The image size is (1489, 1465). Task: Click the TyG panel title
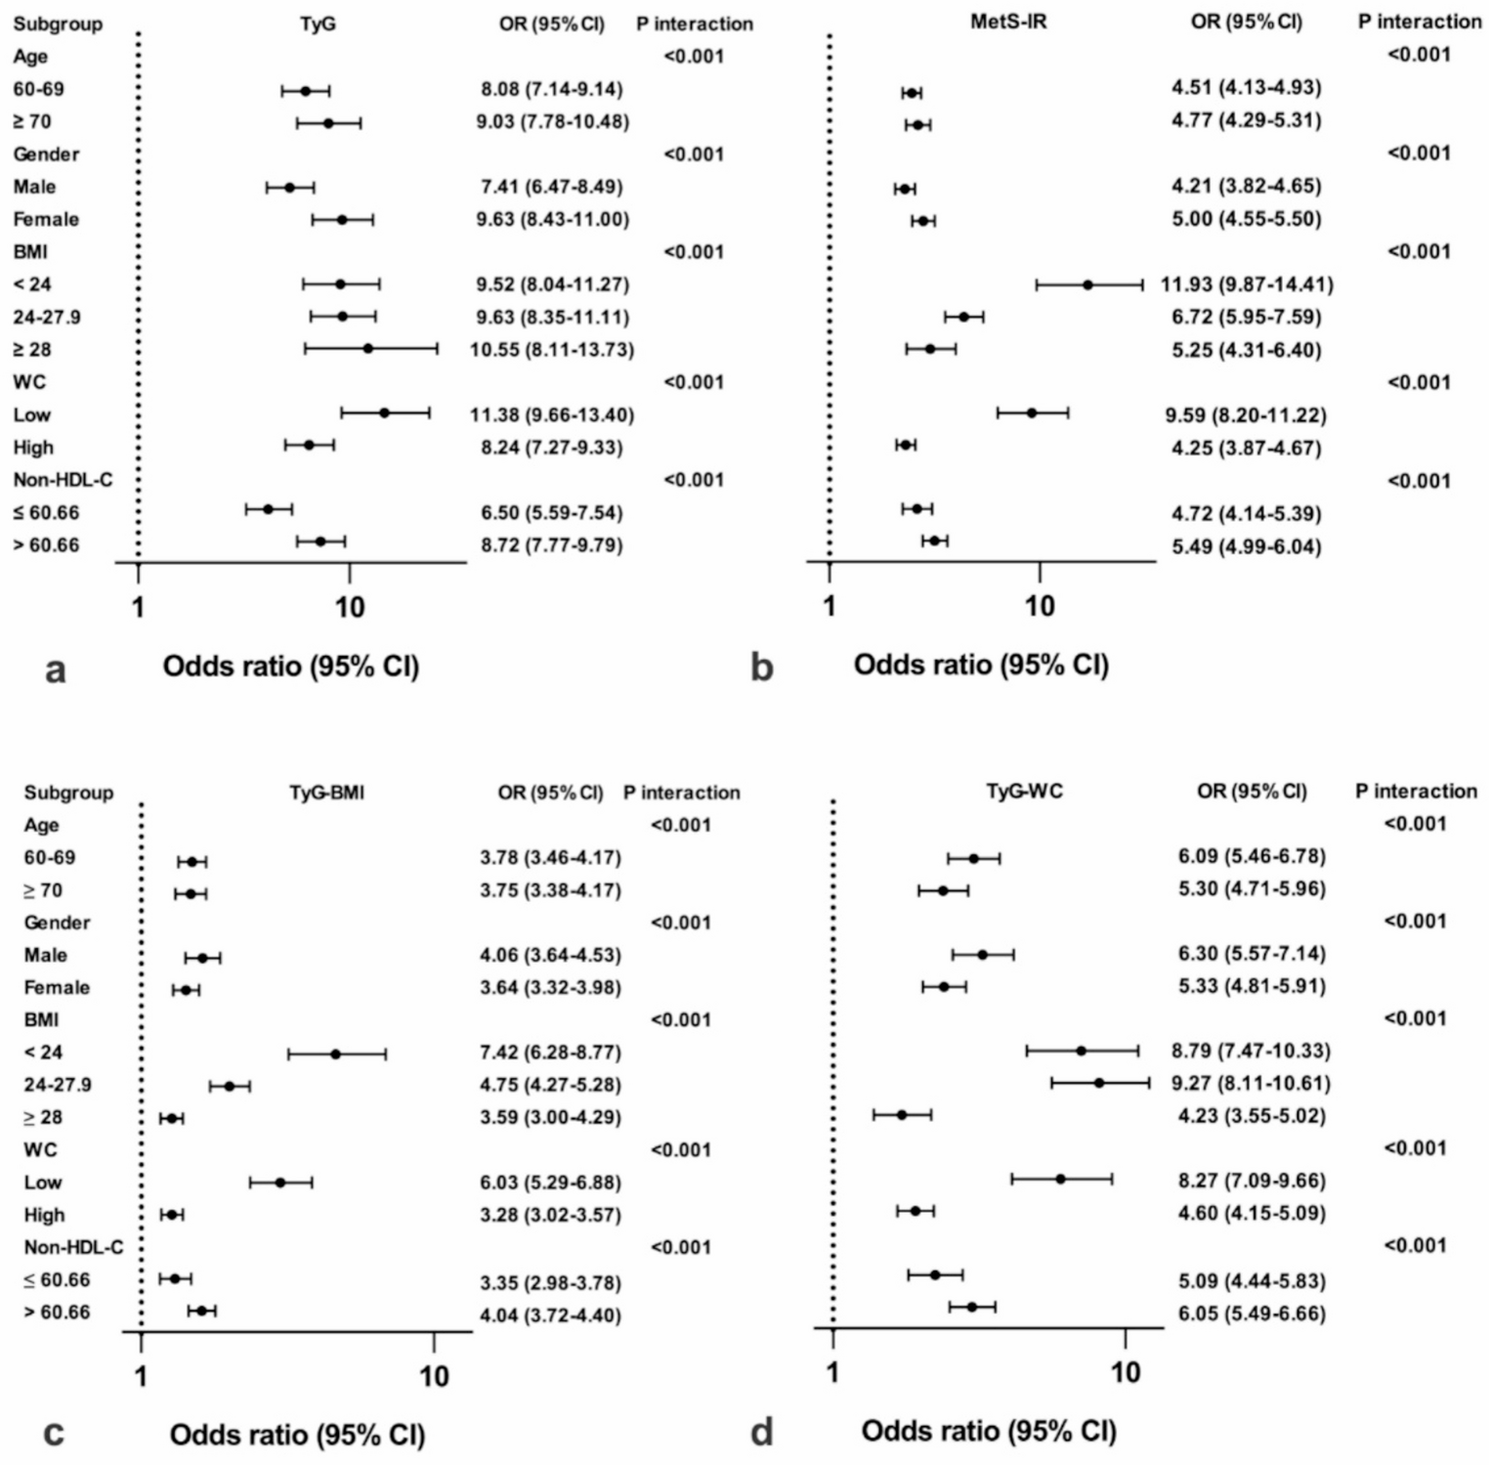pyautogui.click(x=318, y=23)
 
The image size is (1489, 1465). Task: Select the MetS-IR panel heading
pyautogui.click(x=1008, y=22)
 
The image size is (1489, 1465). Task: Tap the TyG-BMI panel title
pyautogui.click(x=326, y=793)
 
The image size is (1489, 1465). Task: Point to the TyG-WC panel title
pyautogui.click(x=1024, y=791)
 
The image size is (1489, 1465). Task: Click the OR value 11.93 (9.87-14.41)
pyautogui.click(x=1247, y=284)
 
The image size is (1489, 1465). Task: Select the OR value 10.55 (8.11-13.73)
pyautogui.click(x=552, y=350)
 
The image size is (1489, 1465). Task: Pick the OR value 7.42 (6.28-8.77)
pyautogui.click(x=550, y=1053)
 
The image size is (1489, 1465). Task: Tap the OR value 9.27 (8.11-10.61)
pyautogui.click(x=1251, y=1083)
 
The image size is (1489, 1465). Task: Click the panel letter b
pyautogui.click(x=761, y=667)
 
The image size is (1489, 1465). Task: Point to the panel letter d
pyautogui.click(x=761, y=1433)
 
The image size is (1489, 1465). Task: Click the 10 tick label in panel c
pyautogui.click(x=434, y=1377)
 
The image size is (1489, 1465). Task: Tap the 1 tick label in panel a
pyautogui.click(x=138, y=608)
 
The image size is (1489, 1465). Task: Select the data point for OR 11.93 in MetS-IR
pyautogui.click(x=1087, y=284)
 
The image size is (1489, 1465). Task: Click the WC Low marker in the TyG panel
pyautogui.click(x=384, y=413)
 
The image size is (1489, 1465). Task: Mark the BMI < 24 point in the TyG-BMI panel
pyautogui.click(x=335, y=1054)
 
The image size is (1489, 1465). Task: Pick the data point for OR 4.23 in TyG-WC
pyautogui.click(x=902, y=1114)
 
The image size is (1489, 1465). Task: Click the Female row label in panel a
pyautogui.click(x=46, y=219)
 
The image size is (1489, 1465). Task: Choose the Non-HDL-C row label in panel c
pyautogui.click(x=73, y=1248)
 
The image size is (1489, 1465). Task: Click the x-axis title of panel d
pyautogui.click(x=988, y=1432)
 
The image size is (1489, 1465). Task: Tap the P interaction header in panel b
pyautogui.click(x=1419, y=22)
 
